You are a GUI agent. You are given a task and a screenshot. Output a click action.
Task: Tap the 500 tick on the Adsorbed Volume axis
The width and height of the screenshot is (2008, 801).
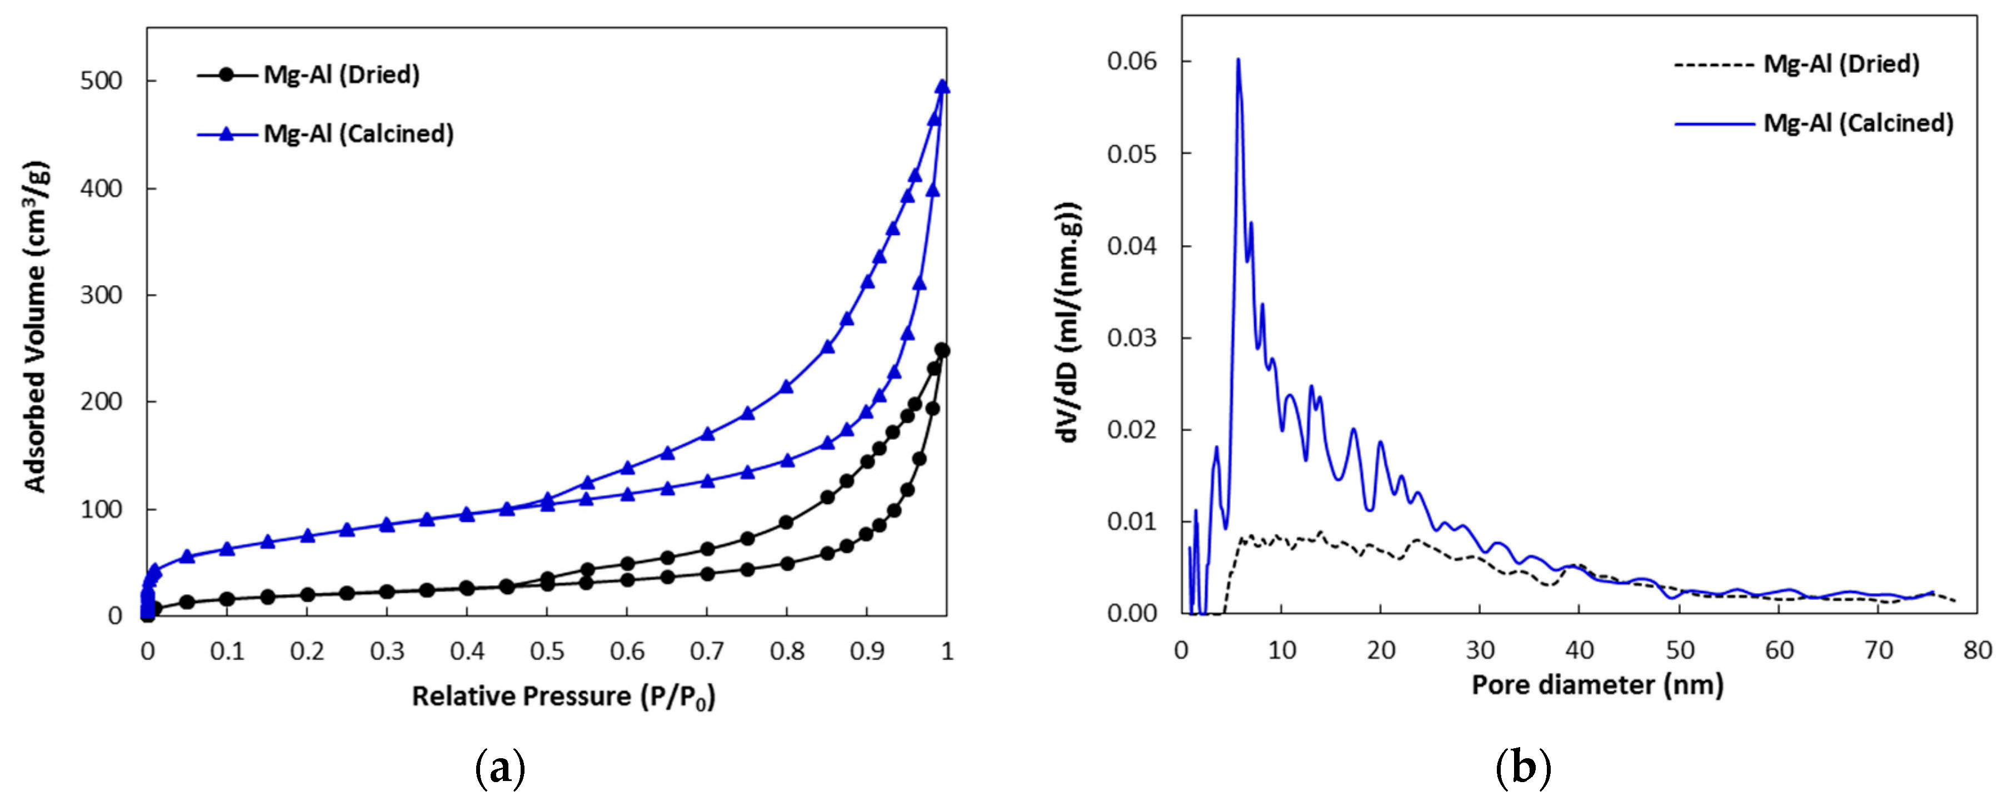click(101, 81)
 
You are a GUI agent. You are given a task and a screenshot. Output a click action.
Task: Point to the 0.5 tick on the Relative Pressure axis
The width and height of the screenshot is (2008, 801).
click(547, 650)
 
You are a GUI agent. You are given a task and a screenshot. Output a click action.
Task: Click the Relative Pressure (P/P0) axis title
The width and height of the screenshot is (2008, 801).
click(563, 696)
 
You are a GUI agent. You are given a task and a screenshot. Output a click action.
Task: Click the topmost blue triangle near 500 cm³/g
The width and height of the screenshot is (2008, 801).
click(942, 86)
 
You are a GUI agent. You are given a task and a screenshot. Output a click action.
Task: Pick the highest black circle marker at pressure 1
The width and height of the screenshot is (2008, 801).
click(942, 350)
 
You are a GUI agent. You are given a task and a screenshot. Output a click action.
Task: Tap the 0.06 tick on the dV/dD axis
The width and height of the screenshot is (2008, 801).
click(1132, 62)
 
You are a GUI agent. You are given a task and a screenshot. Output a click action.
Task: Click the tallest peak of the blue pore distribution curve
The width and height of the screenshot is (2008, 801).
click(1238, 61)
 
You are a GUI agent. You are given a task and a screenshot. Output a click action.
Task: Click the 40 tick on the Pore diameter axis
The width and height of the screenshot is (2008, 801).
click(1579, 650)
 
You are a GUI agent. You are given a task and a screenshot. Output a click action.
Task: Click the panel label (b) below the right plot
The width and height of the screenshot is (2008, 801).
click(1523, 768)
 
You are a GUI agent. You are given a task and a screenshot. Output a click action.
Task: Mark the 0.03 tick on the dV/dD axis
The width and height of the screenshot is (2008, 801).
click(1132, 338)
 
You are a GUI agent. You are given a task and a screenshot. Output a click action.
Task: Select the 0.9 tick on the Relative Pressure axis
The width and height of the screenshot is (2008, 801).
click(867, 650)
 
